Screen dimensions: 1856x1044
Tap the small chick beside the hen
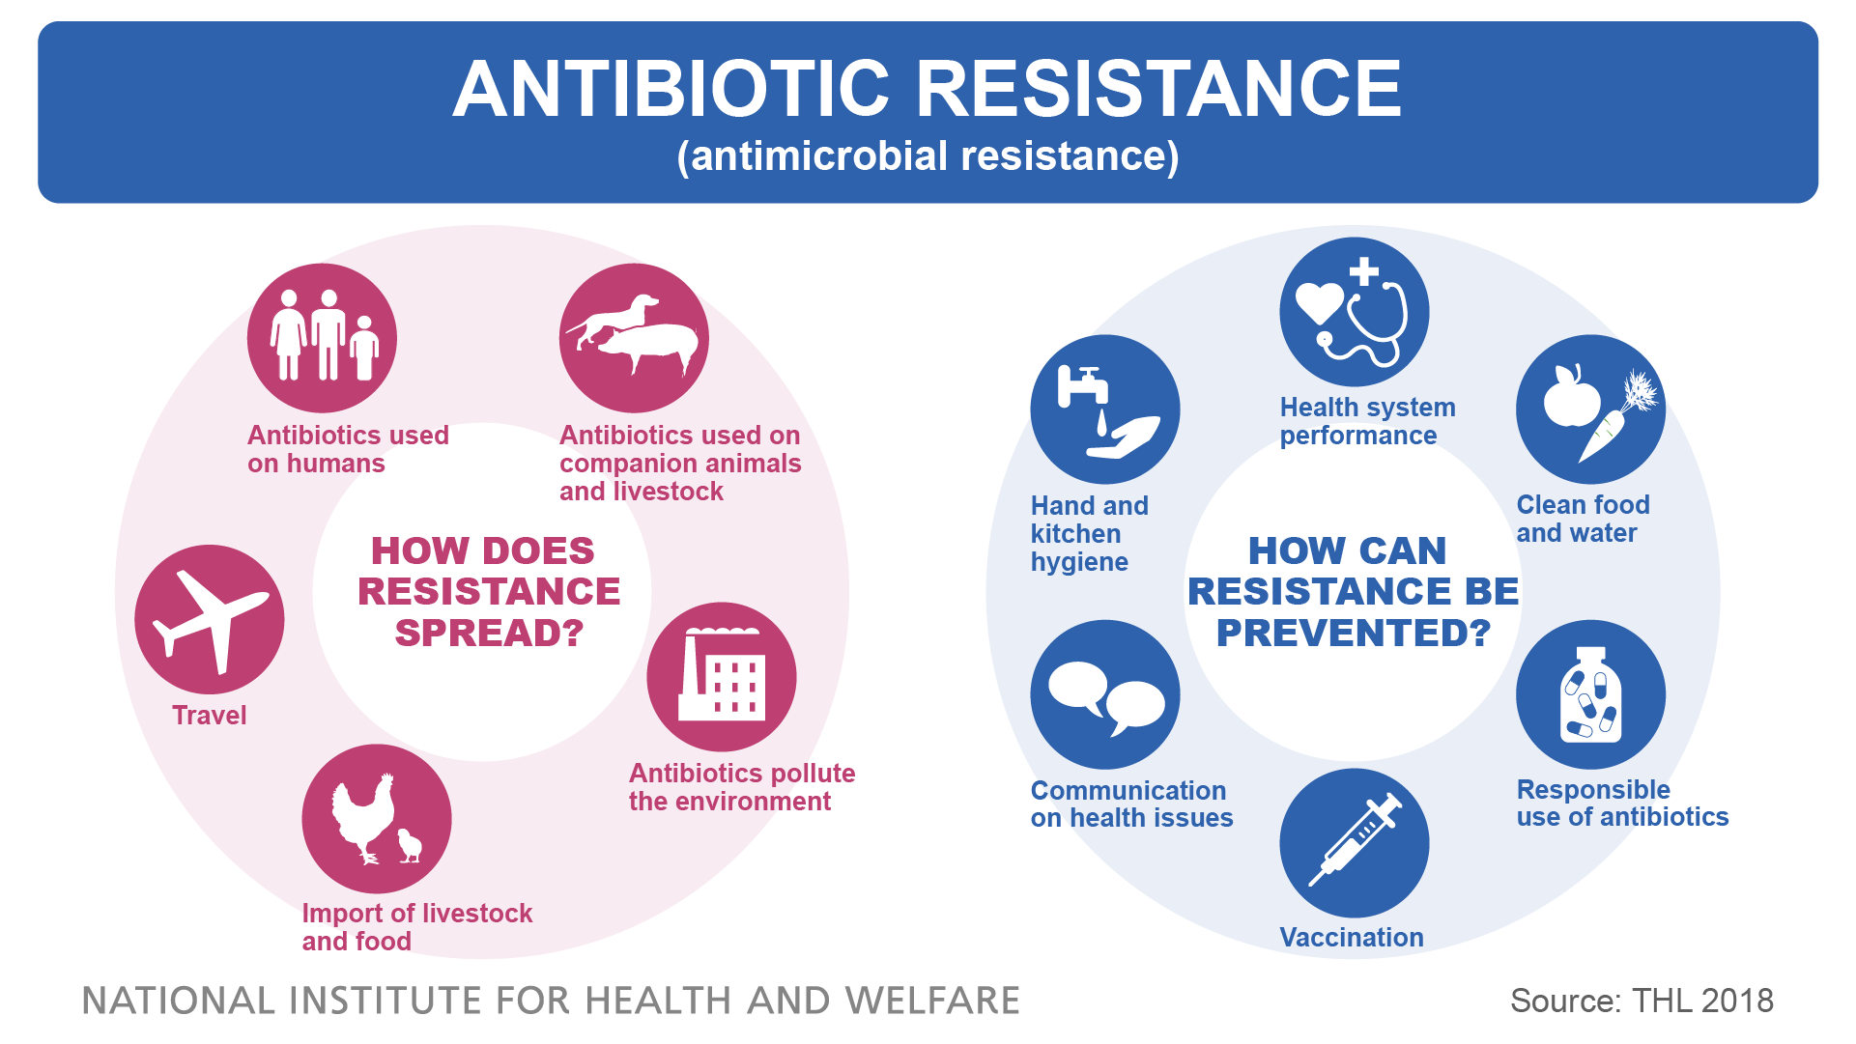click(411, 845)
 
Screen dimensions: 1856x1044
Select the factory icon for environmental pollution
click(722, 675)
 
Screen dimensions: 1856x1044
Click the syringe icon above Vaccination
click(1355, 841)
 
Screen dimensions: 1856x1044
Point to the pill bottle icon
click(1590, 694)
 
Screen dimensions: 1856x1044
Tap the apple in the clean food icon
click(1571, 396)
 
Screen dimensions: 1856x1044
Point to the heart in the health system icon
click(1319, 302)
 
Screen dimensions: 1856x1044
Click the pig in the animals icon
click(648, 347)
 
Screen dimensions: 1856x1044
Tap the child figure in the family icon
click(364, 348)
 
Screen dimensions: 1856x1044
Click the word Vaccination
click(1352, 938)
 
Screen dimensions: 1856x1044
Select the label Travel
click(209, 716)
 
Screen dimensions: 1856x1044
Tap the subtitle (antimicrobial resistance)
click(928, 156)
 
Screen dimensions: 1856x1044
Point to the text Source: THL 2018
click(1642, 1001)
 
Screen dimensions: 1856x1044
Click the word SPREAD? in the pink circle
click(490, 634)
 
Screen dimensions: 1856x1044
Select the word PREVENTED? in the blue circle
click(1354, 634)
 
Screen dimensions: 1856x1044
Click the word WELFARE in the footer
click(932, 1002)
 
